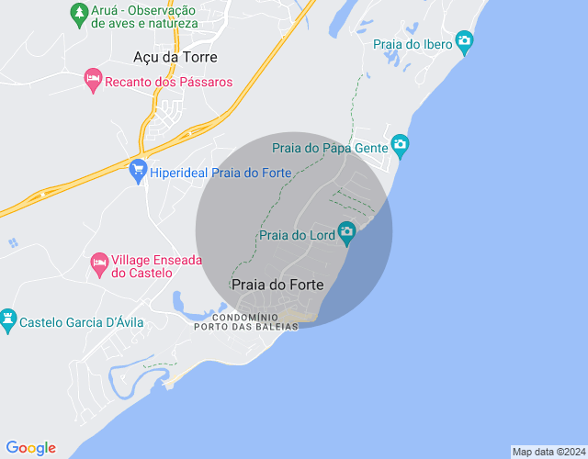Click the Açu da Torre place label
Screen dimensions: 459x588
tap(175, 57)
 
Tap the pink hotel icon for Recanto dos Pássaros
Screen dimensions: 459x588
tap(93, 81)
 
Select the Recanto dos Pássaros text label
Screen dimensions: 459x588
tap(169, 82)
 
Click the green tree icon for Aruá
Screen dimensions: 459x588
tap(79, 13)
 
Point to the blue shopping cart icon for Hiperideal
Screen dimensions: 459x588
tap(139, 170)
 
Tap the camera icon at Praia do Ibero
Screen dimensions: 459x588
tap(464, 40)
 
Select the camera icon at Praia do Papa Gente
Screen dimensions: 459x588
tap(400, 144)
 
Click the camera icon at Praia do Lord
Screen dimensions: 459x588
tap(346, 231)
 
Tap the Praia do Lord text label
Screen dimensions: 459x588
tap(298, 236)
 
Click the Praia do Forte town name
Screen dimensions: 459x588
tap(277, 285)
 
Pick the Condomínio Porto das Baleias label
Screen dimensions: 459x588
tap(246, 322)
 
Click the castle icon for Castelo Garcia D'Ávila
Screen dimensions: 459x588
tap(9, 319)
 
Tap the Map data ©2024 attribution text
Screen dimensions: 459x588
tap(548, 452)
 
